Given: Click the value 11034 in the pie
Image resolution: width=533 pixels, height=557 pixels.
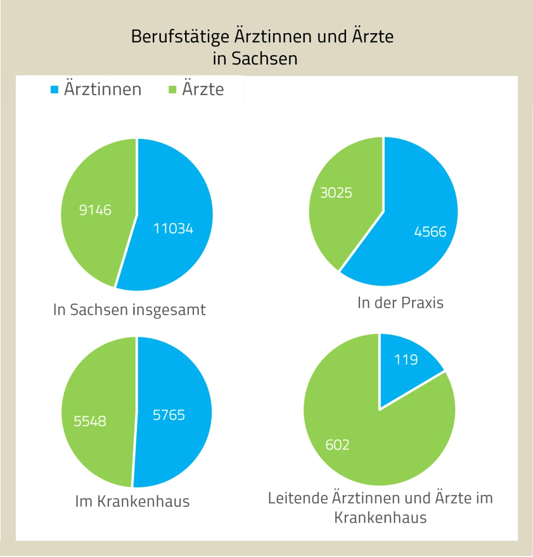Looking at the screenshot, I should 173,228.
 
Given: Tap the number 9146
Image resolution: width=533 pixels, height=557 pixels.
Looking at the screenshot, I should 95,210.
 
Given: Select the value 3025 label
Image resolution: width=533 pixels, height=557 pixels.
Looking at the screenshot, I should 336,192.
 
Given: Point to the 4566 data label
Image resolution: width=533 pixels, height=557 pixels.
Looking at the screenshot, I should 430,231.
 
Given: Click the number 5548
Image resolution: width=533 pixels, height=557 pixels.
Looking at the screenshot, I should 90,421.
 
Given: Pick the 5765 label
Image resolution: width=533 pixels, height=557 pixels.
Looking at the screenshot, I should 169,415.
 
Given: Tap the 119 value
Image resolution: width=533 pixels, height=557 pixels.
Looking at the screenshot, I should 406,359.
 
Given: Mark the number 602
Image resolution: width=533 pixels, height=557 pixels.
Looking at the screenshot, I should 338,444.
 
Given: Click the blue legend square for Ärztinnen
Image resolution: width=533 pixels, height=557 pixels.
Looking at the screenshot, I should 55,89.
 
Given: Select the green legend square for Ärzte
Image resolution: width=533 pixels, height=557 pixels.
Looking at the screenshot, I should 173,89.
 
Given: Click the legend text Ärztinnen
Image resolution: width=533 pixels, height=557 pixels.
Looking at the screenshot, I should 102,89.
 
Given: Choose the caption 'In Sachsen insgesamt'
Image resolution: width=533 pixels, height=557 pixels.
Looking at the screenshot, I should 129,309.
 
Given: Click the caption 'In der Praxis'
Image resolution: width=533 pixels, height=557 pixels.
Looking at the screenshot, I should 400,302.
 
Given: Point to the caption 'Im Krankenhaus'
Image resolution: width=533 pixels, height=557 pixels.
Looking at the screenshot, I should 132,501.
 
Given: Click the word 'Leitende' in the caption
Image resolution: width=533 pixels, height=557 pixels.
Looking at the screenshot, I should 298,498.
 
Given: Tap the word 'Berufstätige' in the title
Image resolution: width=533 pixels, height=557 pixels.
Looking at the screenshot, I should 180,36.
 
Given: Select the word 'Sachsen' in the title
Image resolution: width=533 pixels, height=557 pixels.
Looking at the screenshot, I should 265,59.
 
